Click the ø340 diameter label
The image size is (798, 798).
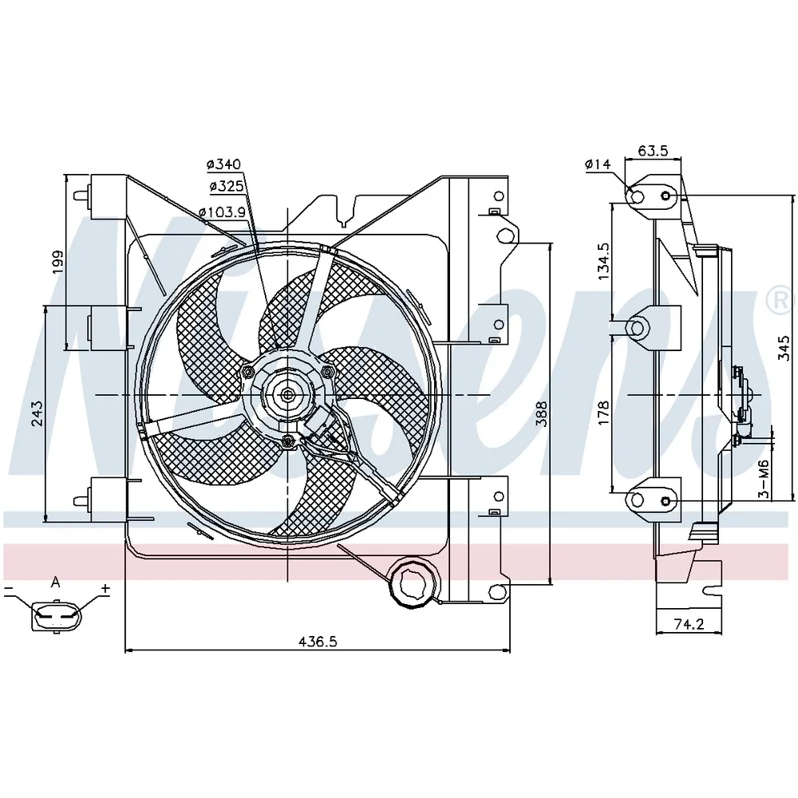click(x=224, y=164)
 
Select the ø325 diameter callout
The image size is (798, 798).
click(x=227, y=186)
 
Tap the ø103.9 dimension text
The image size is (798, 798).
click(x=222, y=211)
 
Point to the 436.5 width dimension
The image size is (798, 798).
click(x=317, y=642)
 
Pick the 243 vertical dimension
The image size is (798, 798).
click(x=38, y=413)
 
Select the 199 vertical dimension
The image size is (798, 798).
click(x=58, y=262)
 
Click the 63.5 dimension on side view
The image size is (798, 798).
click(x=653, y=151)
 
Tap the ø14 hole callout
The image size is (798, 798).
click(x=597, y=164)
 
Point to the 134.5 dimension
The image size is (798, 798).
click(x=603, y=261)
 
